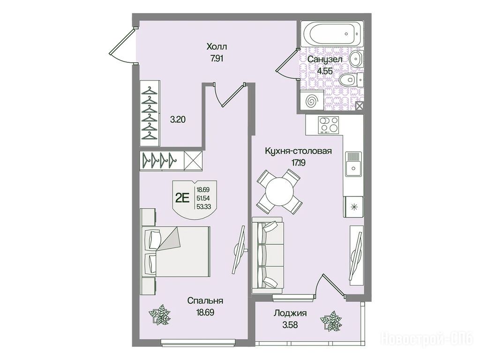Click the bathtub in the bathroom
[332, 34]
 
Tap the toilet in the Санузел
[351, 80]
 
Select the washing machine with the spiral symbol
[312, 100]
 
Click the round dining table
[279, 192]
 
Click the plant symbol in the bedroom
[159, 315]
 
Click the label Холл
[217, 47]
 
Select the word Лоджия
[290, 313]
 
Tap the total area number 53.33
[203, 207]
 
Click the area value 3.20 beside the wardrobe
[178, 120]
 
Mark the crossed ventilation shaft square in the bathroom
[360, 106]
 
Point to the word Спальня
[205, 300]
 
